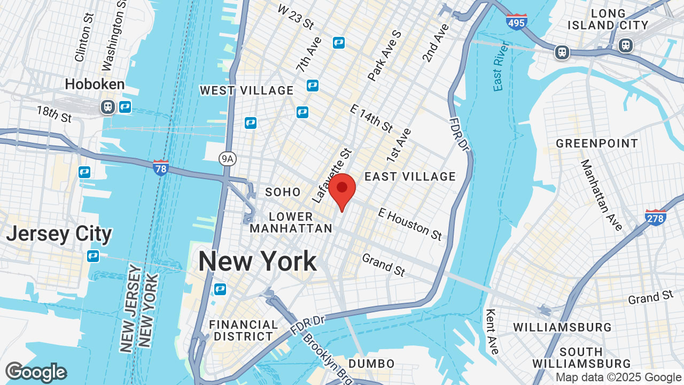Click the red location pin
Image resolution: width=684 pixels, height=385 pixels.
342,190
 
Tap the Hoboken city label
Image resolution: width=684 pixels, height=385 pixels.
95,84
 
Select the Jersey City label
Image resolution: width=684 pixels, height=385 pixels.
59,234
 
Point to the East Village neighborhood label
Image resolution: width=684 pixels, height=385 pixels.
410,176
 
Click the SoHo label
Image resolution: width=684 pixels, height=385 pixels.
283,191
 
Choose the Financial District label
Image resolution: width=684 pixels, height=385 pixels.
243,330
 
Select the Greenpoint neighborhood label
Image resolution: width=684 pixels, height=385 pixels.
597,143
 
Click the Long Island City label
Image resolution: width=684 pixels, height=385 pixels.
608,19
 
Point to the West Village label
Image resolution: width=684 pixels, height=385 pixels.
247,90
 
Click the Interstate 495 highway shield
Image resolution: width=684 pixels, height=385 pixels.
516,21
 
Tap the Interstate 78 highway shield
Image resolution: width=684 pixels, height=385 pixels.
160,167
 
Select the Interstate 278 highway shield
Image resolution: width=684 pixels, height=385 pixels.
655,217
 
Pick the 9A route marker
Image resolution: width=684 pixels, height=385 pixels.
228,158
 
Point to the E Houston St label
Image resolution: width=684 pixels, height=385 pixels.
410,224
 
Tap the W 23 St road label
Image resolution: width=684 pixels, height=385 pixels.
296,17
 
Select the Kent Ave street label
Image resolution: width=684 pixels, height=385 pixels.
493,331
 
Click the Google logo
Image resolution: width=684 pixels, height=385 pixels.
36,372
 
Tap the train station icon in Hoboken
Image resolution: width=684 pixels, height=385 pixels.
108,107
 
